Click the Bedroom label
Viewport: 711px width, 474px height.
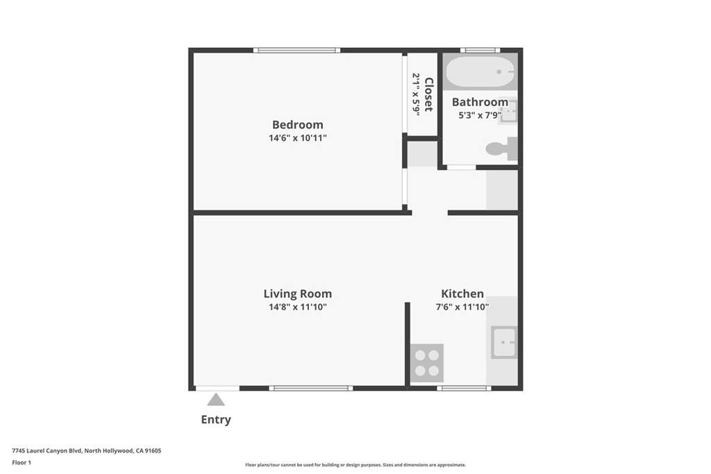point(297,125)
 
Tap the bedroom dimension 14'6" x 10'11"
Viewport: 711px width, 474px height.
point(297,138)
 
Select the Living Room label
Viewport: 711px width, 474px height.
point(297,294)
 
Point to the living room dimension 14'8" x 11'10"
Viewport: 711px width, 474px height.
point(297,307)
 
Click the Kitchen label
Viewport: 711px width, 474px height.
point(462,294)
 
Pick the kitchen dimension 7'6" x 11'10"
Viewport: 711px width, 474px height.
point(462,307)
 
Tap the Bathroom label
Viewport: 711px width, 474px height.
point(480,102)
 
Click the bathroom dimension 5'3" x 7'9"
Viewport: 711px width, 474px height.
point(480,115)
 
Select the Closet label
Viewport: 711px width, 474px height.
point(428,94)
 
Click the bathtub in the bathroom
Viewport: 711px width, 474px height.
point(480,71)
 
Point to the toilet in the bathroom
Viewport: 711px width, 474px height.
point(501,149)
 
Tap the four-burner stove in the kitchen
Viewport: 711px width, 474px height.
point(427,363)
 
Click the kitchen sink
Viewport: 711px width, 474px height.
point(504,342)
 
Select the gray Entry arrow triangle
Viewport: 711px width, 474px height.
point(216,400)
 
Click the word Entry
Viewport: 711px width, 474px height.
point(216,420)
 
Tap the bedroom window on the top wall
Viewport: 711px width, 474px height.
point(296,50)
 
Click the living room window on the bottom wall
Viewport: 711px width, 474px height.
point(311,388)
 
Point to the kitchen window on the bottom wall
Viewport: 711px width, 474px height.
point(464,388)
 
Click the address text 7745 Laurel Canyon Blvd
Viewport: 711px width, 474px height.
point(47,451)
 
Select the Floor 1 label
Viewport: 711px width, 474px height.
point(22,463)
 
